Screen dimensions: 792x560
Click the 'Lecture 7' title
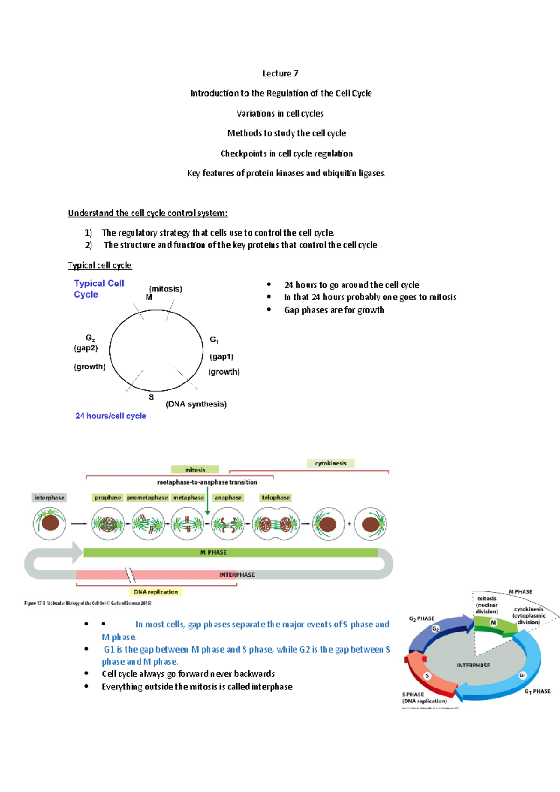(x=280, y=74)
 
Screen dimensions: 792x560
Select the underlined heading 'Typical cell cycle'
(x=99, y=265)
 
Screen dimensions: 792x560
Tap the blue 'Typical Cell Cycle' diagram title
(x=98, y=289)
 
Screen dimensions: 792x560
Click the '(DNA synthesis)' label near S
(x=196, y=404)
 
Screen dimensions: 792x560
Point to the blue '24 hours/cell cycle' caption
(x=111, y=416)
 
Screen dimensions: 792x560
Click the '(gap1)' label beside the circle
(x=222, y=356)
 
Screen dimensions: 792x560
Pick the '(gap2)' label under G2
(x=85, y=348)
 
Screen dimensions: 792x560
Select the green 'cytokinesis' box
(x=330, y=463)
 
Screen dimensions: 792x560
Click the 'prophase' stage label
(x=108, y=498)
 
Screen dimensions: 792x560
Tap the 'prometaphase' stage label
(x=147, y=498)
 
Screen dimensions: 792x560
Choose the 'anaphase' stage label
(x=228, y=498)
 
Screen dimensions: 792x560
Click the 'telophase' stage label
(x=275, y=498)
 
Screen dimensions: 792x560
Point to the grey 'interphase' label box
(x=49, y=498)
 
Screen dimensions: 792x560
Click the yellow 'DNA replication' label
(x=155, y=592)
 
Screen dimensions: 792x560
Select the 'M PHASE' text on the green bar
(x=213, y=552)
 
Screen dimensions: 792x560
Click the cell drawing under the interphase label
(x=49, y=523)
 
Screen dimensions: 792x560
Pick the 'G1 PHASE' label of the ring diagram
(x=537, y=691)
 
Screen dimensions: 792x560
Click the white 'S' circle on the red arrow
(x=427, y=676)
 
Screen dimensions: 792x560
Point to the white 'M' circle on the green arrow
(x=493, y=623)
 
